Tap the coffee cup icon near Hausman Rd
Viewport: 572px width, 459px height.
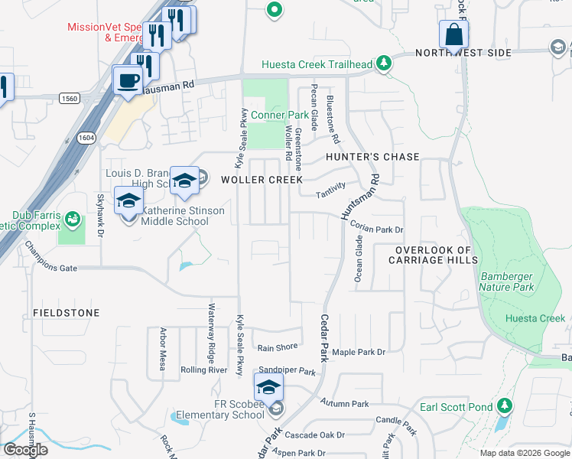(128, 80)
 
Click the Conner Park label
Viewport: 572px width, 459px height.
(280, 116)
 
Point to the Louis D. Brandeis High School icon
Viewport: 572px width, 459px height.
(184, 181)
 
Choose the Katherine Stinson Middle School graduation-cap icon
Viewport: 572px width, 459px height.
(128, 202)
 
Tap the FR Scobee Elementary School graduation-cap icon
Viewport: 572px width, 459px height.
(268, 389)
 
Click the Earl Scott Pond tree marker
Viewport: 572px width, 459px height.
(504, 405)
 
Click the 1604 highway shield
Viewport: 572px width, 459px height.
(86, 137)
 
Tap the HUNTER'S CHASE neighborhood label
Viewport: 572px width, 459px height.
(372, 157)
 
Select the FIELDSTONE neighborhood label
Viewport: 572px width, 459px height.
(67, 314)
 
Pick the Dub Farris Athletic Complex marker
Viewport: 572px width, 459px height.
(72, 220)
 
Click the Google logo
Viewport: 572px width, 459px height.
(25, 449)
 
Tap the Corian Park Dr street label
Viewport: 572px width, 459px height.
(376, 227)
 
